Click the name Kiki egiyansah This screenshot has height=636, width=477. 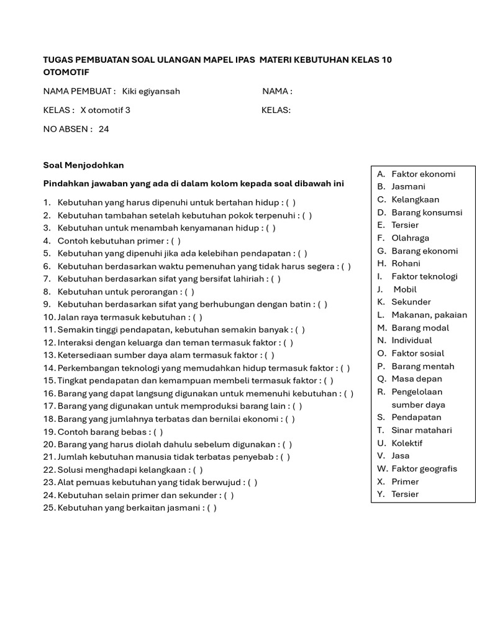151,91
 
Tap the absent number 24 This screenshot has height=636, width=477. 104,129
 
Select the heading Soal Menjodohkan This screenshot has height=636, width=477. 83,165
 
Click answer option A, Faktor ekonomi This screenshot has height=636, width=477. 423,174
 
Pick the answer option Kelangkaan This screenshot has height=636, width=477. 415,199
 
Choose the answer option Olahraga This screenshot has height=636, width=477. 410,238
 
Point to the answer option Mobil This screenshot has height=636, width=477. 405,289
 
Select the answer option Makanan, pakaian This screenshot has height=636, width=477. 429,315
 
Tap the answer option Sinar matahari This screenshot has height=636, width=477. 422,430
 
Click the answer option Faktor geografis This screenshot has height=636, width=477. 424,469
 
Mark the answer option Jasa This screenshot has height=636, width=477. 401,456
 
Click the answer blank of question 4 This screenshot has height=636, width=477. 176,241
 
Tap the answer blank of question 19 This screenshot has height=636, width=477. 158,432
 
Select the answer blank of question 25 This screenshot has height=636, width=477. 212,508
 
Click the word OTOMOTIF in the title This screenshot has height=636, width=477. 66,73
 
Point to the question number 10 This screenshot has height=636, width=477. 49,317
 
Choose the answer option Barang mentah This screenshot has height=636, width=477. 422,366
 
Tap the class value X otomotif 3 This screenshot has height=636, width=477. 106,111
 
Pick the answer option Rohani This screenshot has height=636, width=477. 406,263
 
